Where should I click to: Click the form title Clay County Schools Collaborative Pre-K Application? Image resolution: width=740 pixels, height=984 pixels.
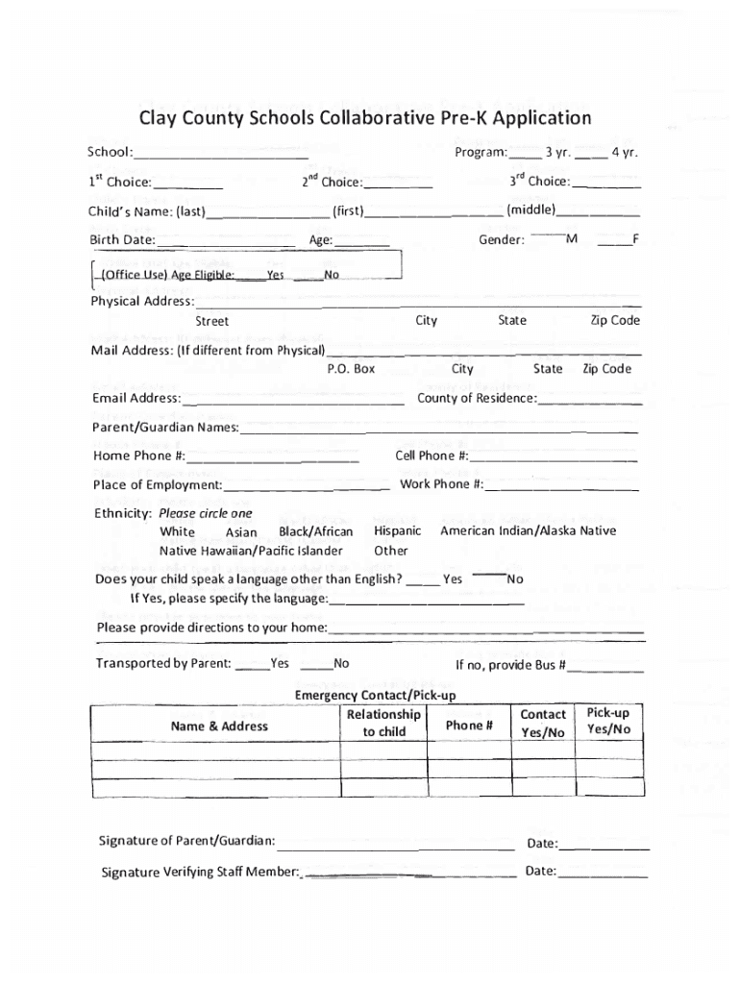365,118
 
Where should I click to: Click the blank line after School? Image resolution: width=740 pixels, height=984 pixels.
221,155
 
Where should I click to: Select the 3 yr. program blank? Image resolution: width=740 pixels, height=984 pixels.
525,155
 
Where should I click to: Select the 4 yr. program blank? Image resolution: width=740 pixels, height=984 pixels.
591,155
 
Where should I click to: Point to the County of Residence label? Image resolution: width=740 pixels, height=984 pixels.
476,398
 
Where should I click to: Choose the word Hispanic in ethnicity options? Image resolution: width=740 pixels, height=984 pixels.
397,531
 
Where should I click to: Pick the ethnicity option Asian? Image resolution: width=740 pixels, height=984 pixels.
241,532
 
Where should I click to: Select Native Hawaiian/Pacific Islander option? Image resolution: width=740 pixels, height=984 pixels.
251,551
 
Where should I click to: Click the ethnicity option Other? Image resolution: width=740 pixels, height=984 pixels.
391,551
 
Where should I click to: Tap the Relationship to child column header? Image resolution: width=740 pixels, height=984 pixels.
383,723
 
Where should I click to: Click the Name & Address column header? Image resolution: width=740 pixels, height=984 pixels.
219,726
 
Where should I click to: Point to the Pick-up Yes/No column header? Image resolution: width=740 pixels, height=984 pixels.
607,721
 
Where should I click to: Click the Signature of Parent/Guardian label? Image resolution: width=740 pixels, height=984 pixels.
186,841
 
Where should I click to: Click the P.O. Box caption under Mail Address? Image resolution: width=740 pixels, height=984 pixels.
351,369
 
